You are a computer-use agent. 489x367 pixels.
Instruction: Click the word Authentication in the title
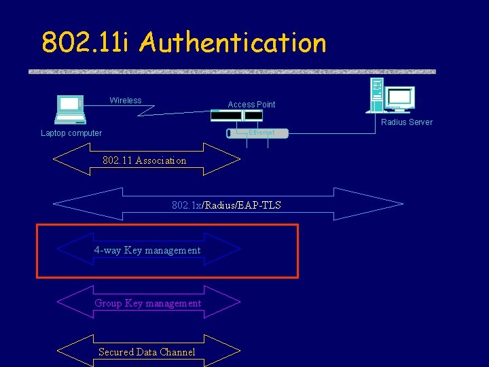tap(233, 43)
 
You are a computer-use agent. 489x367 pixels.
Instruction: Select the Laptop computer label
tap(71, 133)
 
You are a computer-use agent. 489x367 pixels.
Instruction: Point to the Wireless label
tap(126, 101)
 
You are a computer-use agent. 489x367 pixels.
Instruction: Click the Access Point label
tap(251, 105)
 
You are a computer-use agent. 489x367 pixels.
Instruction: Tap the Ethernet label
tap(261, 133)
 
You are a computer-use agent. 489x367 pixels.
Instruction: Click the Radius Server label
tap(406, 122)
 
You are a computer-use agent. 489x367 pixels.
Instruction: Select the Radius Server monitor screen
tap(399, 98)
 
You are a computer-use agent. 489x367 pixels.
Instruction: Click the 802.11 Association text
tap(144, 160)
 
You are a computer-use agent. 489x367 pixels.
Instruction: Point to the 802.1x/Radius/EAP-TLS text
tap(226, 205)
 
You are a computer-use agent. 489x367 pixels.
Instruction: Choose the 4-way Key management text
tap(147, 250)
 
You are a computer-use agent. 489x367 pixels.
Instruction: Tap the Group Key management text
tap(148, 303)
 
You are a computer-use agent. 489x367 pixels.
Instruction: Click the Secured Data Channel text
tap(147, 352)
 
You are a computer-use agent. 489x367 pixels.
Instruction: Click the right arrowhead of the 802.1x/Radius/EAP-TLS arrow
tap(386, 204)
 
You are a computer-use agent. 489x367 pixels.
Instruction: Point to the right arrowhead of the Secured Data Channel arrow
tap(229, 351)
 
